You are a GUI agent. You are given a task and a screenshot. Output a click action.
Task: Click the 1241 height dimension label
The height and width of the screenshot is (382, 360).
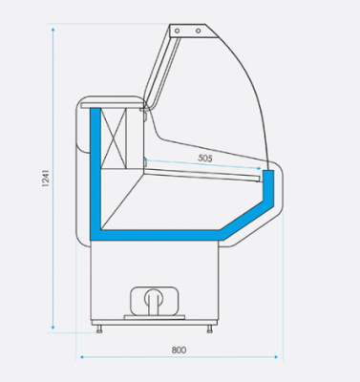(x=46, y=179)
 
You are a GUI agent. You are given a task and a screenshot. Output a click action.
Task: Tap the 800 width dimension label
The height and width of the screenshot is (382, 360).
(x=179, y=350)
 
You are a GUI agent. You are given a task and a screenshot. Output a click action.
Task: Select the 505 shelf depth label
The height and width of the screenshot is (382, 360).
(x=205, y=158)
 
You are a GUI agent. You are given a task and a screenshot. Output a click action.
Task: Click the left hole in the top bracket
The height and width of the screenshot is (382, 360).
(x=177, y=31)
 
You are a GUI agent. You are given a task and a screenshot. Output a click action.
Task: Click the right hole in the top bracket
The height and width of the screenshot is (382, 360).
(x=198, y=31)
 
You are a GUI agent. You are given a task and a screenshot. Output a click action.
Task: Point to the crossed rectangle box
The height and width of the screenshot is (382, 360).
(x=114, y=138)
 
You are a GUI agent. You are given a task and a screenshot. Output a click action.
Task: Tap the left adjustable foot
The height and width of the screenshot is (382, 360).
(x=99, y=329)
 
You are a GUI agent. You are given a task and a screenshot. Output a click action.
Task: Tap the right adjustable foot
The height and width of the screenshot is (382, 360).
(x=210, y=329)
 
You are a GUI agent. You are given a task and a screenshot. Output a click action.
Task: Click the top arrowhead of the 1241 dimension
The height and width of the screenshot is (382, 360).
(x=53, y=30)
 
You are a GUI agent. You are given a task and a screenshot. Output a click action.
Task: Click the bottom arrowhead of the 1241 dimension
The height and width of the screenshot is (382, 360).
(x=53, y=328)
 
